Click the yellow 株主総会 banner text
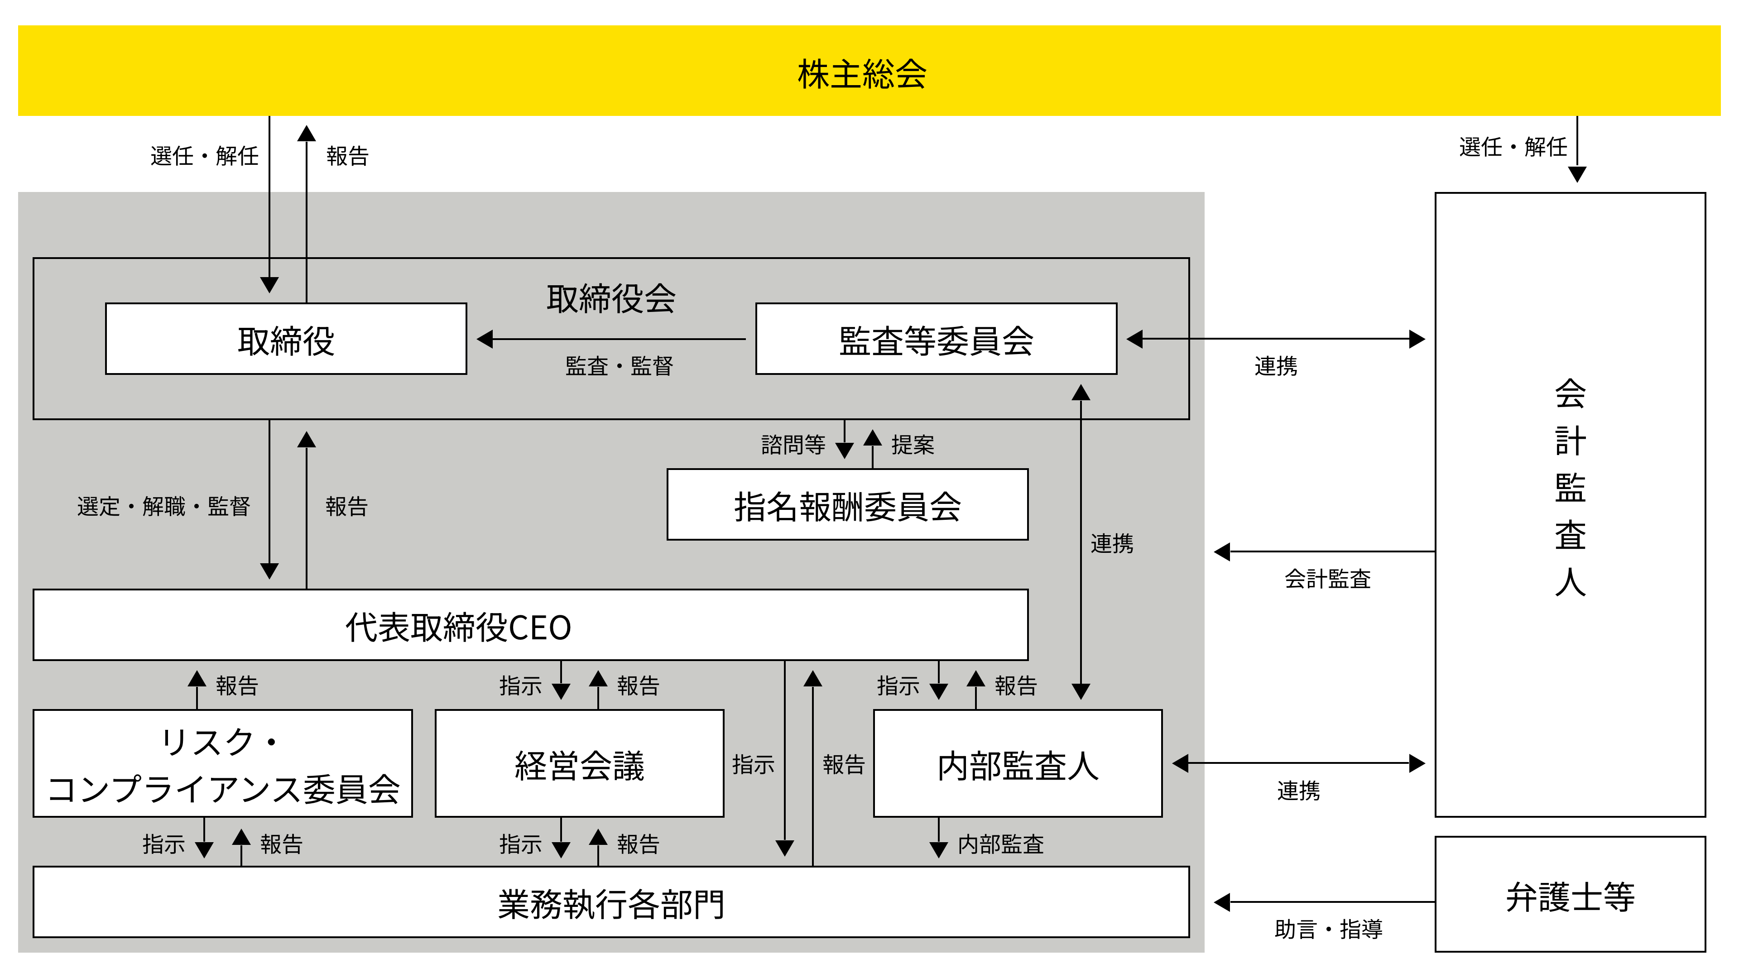point(862,73)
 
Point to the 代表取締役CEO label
point(458,627)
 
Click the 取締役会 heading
point(611,298)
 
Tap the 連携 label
point(1112,543)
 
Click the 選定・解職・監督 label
point(163,506)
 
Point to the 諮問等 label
point(793,445)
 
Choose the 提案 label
point(913,445)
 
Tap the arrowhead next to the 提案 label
point(873,439)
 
